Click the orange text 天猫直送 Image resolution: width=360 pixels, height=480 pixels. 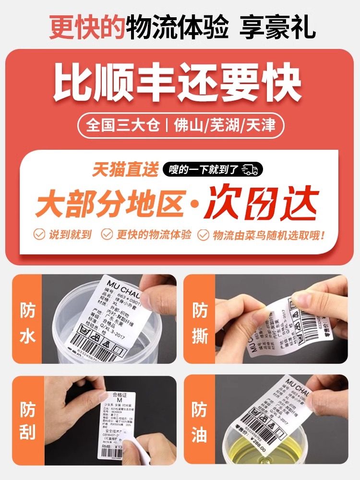(125, 169)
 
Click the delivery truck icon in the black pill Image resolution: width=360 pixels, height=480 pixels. (250, 169)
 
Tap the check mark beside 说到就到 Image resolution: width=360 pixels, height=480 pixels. (39, 235)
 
